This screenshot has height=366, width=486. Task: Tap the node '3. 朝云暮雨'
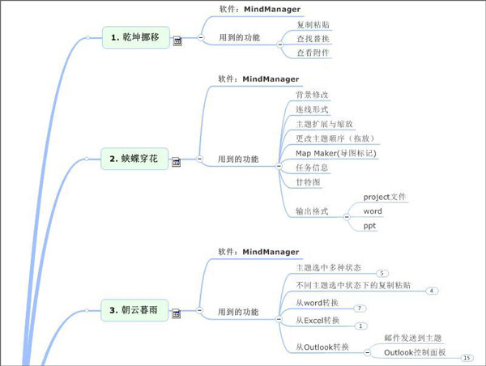pyautogui.click(x=135, y=309)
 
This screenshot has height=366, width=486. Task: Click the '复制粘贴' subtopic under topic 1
pyautogui.click(x=313, y=25)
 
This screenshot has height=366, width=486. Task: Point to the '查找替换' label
pyautogui.click(x=313, y=39)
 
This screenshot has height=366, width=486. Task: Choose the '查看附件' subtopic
pyautogui.click(x=313, y=53)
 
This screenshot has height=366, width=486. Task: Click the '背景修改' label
pyautogui.click(x=312, y=95)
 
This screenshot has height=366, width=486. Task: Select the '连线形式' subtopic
pyautogui.click(x=312, y=109)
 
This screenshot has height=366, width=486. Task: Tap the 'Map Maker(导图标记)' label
pyautogui.click(x=335, y=153)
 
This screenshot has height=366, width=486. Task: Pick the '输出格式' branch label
pyautogui.click(x=313, y=212)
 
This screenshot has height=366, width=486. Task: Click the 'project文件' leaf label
pyautogui.click(x=385, y=197)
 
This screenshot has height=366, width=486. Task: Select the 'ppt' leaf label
pyautogui.click(x=369, y=226)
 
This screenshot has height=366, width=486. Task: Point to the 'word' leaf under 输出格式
pyautogui.click(x=373, y=211)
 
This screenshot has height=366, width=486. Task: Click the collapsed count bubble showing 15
pyautogui.click(x=466, y=357)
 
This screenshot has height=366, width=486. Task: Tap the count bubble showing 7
pyautogui.click(x=359, y=309)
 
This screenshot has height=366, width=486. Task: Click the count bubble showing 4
pyautogui.click(x=433, y=291)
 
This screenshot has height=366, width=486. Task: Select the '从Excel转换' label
pyautogui.click(x=318, y=320)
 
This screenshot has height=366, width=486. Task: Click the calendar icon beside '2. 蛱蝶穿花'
pyautogui.click(x=176, y=163)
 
